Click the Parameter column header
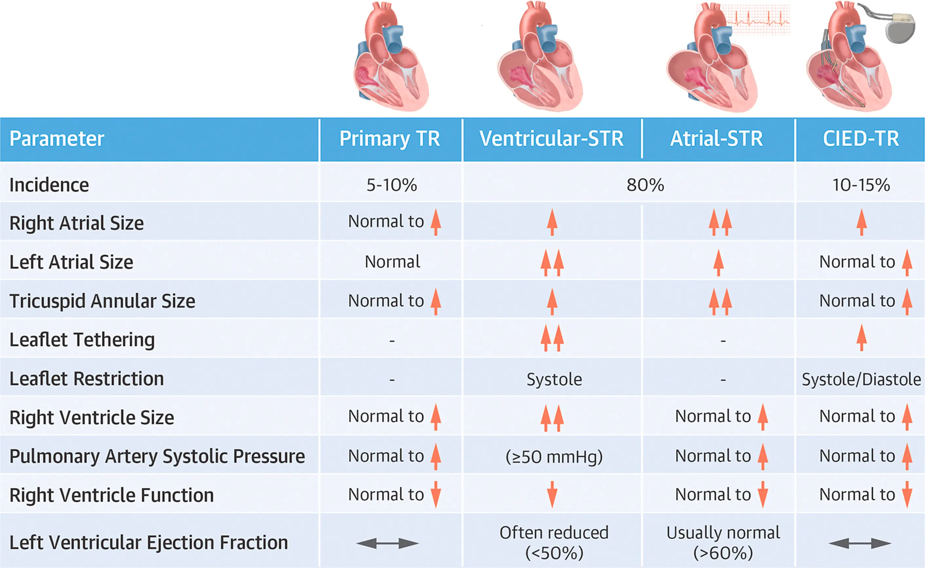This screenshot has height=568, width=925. (x=57, y=139)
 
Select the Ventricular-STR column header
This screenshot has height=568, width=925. (x=551, y=139)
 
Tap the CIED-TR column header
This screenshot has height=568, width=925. (x=861, y=139)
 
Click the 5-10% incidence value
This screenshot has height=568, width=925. (x=392, y=185)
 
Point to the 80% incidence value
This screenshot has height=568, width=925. (x=645, y=185)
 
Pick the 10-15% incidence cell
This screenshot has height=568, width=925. (x=861, y=185)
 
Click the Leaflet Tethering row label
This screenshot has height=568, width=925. (x=82, y=340)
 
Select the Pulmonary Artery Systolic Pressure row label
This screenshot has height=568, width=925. (x=157, y=456)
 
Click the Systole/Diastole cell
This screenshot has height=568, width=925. (x=861, y=379)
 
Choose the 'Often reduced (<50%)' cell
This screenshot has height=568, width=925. (x=554, y=542)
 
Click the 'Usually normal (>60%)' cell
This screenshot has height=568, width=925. (x=723, y=542)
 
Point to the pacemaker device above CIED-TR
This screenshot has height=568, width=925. (x=900, y=32)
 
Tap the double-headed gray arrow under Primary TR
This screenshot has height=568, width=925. (x=387, y=543)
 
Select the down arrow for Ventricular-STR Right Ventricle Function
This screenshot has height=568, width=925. (x=552, y=495)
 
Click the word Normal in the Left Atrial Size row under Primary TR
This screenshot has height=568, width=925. (x=392, y=262)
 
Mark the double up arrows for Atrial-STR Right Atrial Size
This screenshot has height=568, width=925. (x=720, y=222)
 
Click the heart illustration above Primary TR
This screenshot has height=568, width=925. (x=391, y=58)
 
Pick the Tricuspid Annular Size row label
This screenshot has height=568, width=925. (x=102, y=301)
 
